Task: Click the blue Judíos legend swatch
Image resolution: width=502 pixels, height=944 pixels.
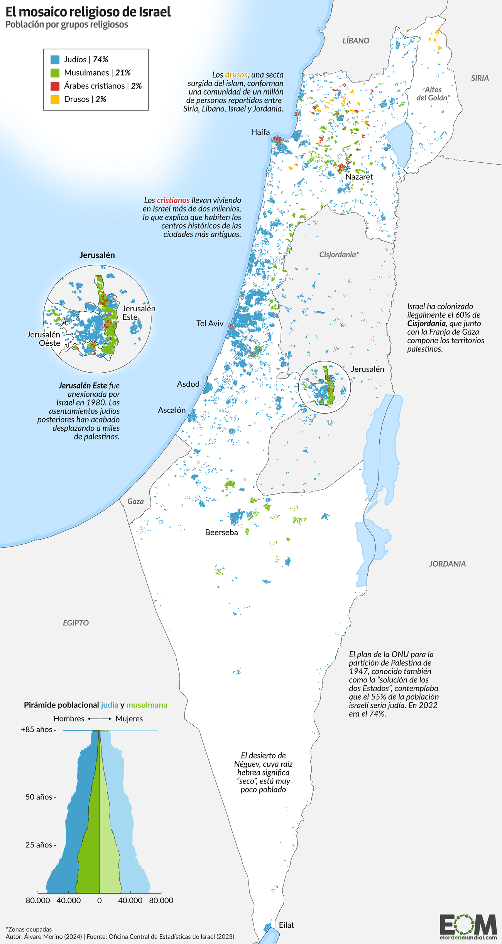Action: click(x=55, y=59)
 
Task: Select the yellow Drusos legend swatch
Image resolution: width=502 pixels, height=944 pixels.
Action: click(x=55, y=99)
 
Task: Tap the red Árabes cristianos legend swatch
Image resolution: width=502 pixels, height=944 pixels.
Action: click(x=55, y=86)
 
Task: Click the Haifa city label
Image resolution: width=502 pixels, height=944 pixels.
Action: click(x=260, y=132)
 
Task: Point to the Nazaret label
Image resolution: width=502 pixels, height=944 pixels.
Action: click(x=359, y=177)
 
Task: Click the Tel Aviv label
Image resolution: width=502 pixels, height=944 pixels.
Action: click(x=210, y=323)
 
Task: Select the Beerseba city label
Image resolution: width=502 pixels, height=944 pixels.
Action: click(x=221, y=532)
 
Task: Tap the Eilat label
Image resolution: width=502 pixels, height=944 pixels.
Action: click(x=286, y=925)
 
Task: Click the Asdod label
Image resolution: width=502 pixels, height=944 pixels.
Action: click(x=188, y=384)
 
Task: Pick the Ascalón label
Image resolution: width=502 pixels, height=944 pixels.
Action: click(x=172, y=410)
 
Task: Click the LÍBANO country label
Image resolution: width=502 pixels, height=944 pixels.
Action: click(x=356, y=41)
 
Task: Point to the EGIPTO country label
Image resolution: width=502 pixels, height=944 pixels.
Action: click(x=76, y=622)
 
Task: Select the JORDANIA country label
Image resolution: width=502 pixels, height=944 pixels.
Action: click(x=447, y=564)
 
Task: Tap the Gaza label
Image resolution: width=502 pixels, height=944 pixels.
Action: click(x=135, y=501)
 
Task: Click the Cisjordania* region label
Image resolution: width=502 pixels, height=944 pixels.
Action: click(x=339, y=255)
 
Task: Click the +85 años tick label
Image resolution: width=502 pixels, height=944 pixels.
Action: click(x=36, y=729)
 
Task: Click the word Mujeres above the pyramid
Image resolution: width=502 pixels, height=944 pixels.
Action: click(x=129, y=718)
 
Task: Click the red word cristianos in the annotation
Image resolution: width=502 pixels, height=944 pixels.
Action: click(x=173, y=200)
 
